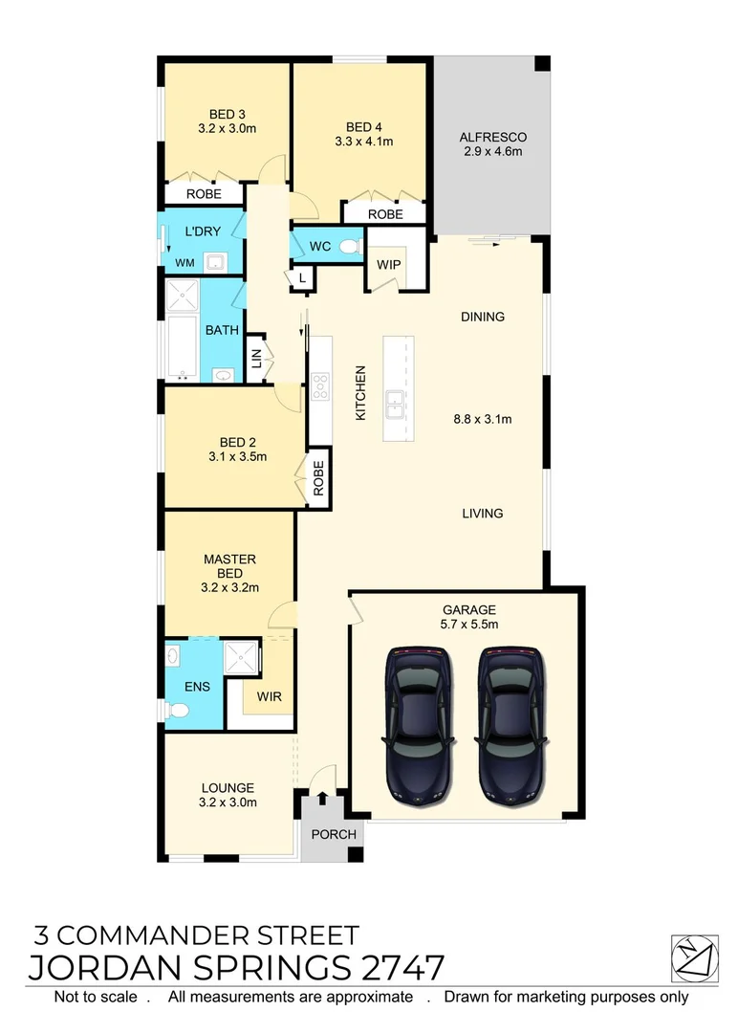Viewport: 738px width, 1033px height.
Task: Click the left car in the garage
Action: [x=417, y=728]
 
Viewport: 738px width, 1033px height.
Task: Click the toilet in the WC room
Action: [x=350, y=247]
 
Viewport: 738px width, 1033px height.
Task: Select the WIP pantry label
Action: [x=388, y=264]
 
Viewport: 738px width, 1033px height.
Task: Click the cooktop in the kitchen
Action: [x=319, y=388]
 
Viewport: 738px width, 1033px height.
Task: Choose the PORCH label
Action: [x=334, y=834]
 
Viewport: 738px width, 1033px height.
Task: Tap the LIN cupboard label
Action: [x=256, y=359]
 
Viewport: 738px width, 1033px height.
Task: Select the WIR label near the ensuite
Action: [x=270, y=696]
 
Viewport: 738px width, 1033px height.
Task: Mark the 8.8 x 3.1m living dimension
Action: [x=482, y=418]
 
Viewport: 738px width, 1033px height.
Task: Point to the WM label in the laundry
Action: [x=184, y=263]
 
